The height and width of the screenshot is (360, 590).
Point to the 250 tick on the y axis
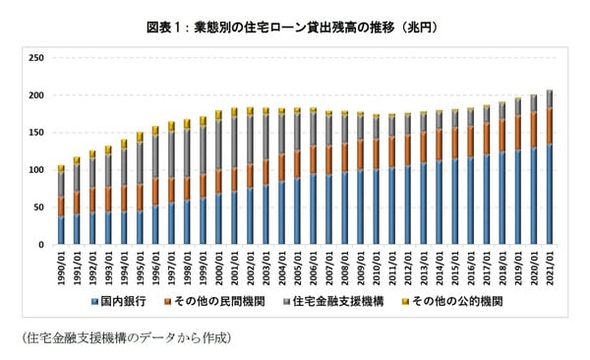click(37, 58)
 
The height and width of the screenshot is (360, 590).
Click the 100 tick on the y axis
click(37, 170)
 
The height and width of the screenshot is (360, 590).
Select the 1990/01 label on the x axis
click(62, 264)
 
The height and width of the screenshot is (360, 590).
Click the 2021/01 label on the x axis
click(548, 264)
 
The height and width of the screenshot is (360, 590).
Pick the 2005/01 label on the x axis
click(297, 264)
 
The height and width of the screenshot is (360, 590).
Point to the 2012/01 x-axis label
click(407, 264)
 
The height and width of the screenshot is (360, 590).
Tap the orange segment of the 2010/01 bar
click(376, 154)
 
